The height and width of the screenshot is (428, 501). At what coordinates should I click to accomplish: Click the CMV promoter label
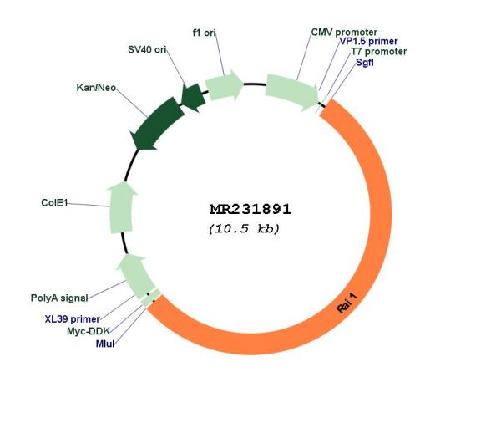click(x=344, y=33)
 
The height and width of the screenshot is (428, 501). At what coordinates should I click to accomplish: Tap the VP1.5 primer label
click(x=368, y=41)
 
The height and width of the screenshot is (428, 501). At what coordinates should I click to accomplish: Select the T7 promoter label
click(x=379, y=52)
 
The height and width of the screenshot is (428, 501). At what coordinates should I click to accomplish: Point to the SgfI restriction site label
click(x=365, y=62)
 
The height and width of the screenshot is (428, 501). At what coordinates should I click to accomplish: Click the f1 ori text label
click(x=205, y=33)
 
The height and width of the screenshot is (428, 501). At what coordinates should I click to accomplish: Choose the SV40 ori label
click(x=147, y=49)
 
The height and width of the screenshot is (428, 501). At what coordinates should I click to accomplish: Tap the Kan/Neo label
click(x=96, y=88)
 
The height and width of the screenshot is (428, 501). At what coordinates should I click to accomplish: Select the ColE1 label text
click(x=54, y=203)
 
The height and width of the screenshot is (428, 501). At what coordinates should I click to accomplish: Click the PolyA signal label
click(x=59, y=298)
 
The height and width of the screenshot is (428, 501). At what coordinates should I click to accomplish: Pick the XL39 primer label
click(x=73, y=319)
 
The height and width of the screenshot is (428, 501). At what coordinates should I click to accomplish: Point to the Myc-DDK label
click(x=89, y=331)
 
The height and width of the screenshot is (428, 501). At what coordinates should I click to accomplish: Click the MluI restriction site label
click(x=105, y=344)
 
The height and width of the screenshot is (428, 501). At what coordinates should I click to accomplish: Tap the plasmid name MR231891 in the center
click(x=250, y=210)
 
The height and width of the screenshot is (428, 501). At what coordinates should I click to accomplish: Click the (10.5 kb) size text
click(x=244, y=229)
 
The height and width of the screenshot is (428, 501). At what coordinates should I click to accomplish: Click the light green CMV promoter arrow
click(x=291, y=90)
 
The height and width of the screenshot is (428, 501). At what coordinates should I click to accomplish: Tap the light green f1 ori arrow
click(x=224, y=84)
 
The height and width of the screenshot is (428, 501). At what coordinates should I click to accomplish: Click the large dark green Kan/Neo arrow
click(x=158, y=124)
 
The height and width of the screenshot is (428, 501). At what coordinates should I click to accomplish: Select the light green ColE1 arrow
click(x=122, y=207)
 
